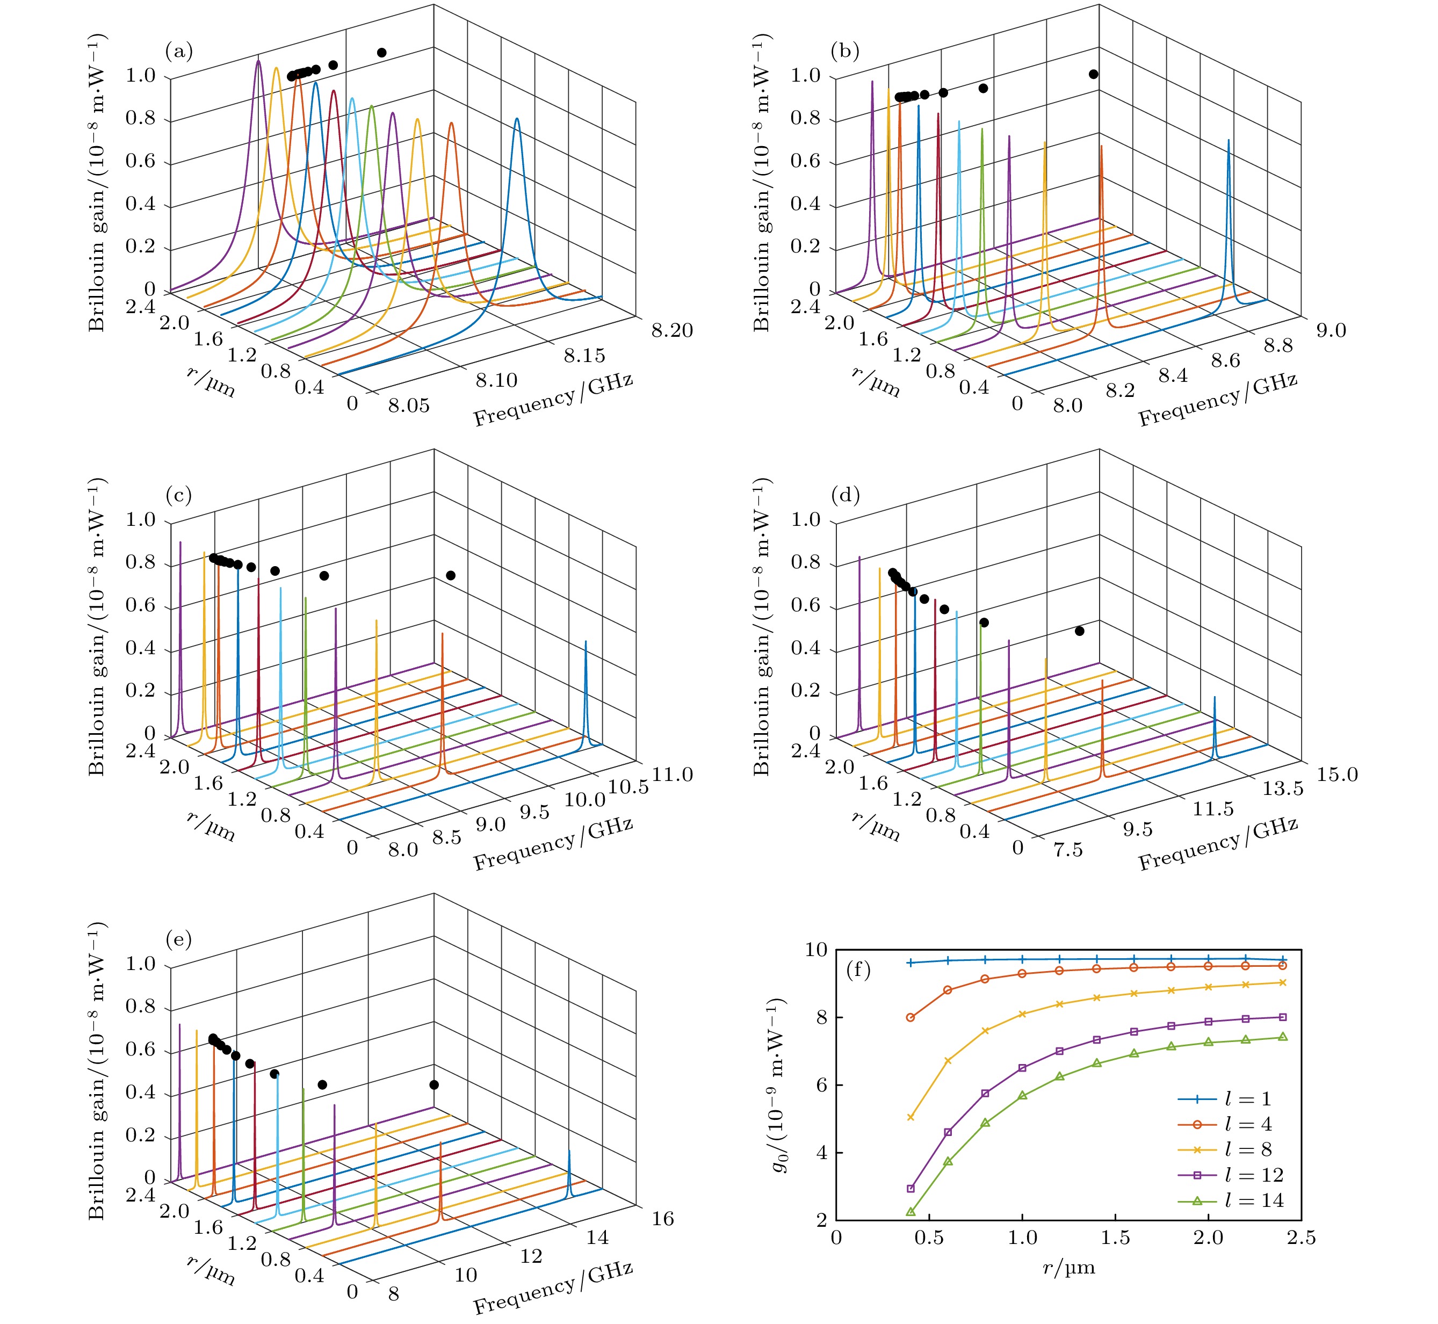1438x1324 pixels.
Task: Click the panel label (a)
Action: [x=179, y=52]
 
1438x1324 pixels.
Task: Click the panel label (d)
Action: [x=844, y=495]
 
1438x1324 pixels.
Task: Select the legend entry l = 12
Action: [x=1253, y=1175]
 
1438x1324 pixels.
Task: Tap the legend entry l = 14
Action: [x=1253, y=1201]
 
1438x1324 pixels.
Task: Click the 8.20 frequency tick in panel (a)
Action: [x=671, y=330]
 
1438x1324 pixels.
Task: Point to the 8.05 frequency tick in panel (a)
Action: [x=409, y=406]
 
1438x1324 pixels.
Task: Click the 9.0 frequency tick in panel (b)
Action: [x=1331, y=330]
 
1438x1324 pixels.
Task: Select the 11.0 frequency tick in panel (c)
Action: [x=672, y=775]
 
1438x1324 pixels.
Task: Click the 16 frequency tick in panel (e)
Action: [x=663, y=1219]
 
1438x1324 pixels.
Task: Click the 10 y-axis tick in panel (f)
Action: [x=816, y=950]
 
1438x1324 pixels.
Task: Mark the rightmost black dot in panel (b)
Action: [x=1093, y=74]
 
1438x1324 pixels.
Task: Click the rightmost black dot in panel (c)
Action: [x=451, y=575]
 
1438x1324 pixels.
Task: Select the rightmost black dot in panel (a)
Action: [x=382, y=52]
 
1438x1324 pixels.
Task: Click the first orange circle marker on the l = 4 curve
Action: [x=911, y=1017]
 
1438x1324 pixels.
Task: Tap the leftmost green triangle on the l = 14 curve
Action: [x=911, y=1212]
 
